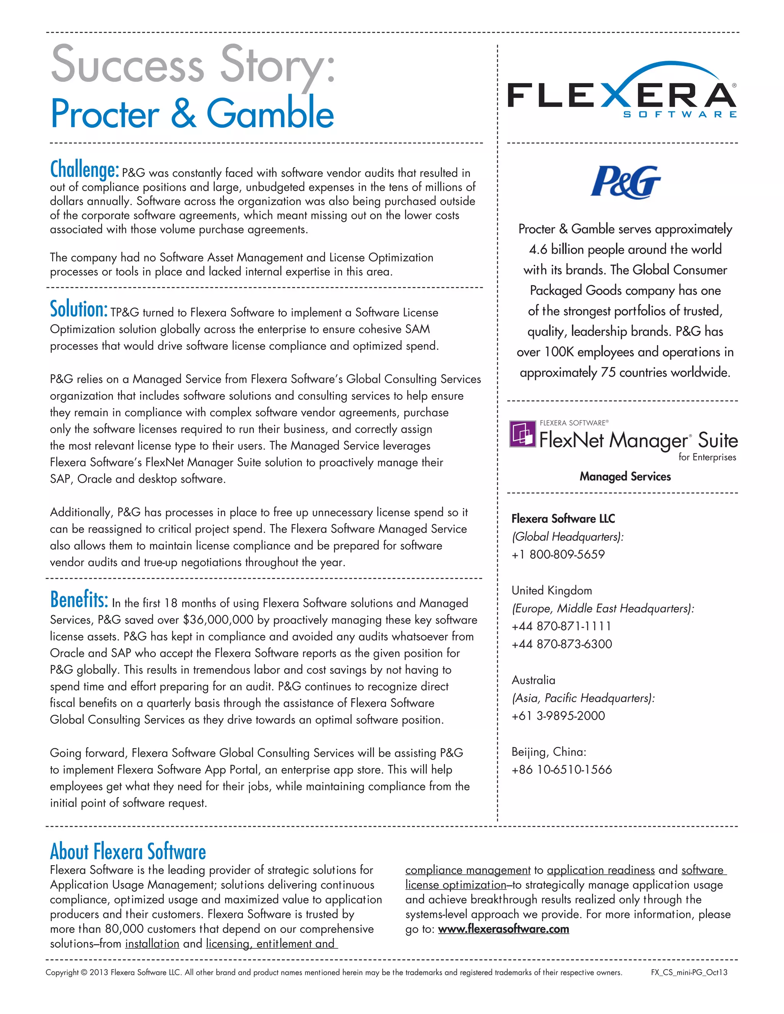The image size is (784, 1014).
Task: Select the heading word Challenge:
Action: [x=85, y=170]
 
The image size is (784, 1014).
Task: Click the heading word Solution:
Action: [x=79, y=309]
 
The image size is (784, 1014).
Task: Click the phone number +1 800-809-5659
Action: [x=558, y=554]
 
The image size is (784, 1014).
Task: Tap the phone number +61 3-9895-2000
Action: [x=558, y=716]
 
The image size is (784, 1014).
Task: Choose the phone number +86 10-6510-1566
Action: [x=562, y=769]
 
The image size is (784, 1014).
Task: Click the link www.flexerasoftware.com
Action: [x=503, y=929]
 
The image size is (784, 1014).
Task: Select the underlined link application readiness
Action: [x=601, y=870]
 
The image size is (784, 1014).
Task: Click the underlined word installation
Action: [x=152, y=944]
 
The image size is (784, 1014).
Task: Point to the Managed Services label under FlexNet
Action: [x=625, y=476]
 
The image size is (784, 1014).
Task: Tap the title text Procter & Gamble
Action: [x=192, y=114]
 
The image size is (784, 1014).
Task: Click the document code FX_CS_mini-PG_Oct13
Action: [x=689, y=972]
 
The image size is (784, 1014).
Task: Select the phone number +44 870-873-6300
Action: [x=562, y=644]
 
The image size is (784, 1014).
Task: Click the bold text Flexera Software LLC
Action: [x=563, y=518]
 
